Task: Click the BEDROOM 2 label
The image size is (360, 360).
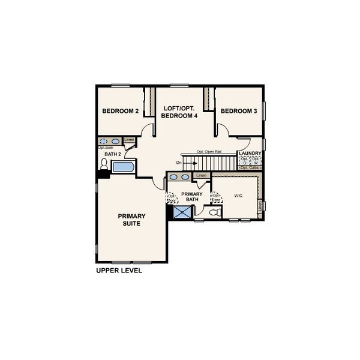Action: pos(120,111)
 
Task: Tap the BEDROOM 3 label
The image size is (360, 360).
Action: pos(238,111)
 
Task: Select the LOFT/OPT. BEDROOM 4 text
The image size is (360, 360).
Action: pos(180,112)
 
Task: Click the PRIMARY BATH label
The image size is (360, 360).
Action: pos(193,197)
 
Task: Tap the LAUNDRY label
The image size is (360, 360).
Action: pos(250,154)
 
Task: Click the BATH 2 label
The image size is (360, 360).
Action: pos(113,155)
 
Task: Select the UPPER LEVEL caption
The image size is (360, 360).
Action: pos(119,271)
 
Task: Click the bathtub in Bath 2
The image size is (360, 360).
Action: pos(124,166)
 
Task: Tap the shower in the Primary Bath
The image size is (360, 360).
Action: pos(181,211)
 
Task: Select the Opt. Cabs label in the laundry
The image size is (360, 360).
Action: pos(250,167)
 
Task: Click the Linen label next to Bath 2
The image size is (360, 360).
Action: pos(129,140)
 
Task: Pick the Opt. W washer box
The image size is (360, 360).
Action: pos(256,161)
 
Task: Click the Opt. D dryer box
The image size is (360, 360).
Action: pos(245,161)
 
